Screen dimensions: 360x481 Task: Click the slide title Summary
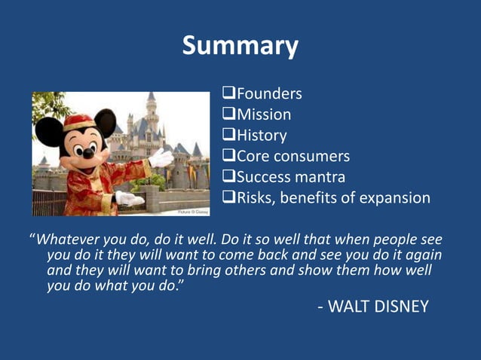pos(240,47)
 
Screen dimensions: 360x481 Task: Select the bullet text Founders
pos(269,94)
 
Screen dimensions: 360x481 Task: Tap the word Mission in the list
pos(264,115)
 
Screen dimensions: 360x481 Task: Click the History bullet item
pos(262,136)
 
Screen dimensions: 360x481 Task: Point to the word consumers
pos(313,157)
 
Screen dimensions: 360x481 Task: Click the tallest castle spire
pos(151,99)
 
